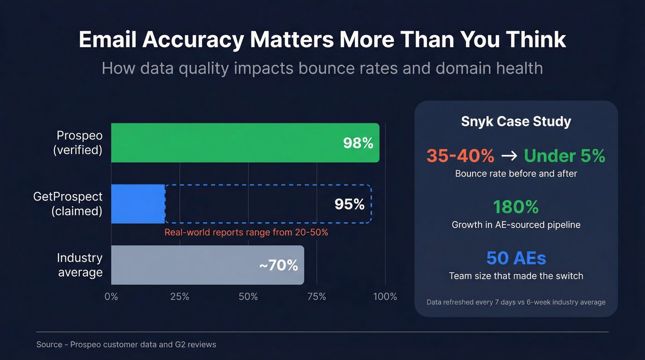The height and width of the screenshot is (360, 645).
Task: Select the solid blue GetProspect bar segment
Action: point(138,204)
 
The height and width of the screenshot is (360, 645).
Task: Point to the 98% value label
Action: point(358,143)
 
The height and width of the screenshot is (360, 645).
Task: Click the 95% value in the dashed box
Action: point(349,204)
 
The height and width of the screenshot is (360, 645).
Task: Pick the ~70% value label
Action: point(278,265)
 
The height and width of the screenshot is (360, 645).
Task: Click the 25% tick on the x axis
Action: point(180,296)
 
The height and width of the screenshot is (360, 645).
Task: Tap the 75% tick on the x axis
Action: point(317,296)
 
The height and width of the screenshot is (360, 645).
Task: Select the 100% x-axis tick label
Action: point(385,296)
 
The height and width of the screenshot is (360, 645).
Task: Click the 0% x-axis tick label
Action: point(111,296)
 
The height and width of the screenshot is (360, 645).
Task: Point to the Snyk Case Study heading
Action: point(516,122)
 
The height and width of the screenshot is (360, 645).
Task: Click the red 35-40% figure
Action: point(460,156)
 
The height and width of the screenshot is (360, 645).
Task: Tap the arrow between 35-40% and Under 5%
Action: point(509,156)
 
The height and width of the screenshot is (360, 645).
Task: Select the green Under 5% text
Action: point(564,156)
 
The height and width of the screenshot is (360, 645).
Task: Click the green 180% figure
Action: point(516,207)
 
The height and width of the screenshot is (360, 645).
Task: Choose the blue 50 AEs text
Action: point(516,258)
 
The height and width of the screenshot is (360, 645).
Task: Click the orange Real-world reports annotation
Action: point(246,232)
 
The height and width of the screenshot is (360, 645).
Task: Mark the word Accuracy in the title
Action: point(193,40)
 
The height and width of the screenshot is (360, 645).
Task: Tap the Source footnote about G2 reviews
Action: point(126,344)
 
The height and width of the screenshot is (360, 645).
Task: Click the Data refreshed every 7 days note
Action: point(516,302)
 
